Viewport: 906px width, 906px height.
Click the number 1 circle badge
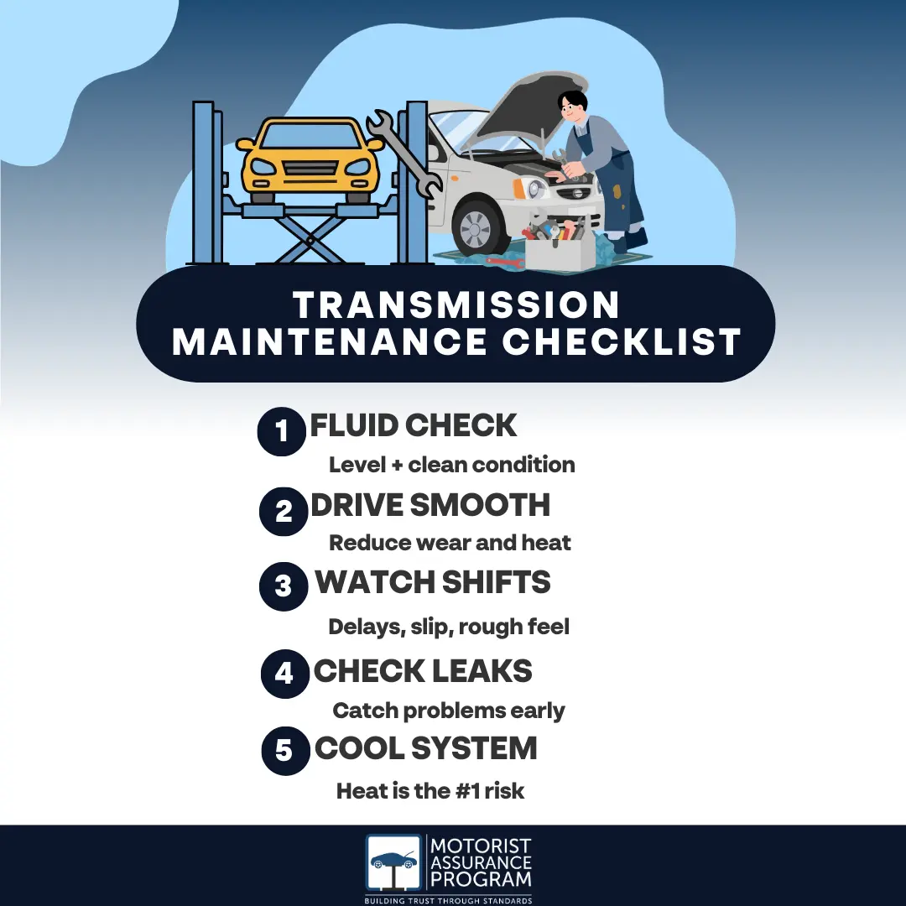[x=281, y=432]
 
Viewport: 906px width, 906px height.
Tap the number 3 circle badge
[x=284, y=586]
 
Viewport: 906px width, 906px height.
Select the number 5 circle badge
[x=285, y=751]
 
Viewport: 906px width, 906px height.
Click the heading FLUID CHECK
[x=413, y=425]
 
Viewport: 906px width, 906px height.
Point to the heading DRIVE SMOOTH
[x=430, y=505]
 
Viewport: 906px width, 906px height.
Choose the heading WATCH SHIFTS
[x=433, y=582]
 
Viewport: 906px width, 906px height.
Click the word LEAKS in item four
[x=482, y=671]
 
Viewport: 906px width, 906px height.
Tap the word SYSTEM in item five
[x=474, y=748]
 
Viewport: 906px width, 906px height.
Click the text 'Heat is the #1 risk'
[x=430, y=791]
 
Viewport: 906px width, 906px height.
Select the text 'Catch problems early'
[x=449, y=711]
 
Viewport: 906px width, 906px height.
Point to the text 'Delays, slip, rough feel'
[x=449, y=627]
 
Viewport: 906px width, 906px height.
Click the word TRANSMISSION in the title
[x=456, y=305]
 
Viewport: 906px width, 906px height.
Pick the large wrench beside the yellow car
[x=404, y=154]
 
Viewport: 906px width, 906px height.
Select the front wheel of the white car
[x=476, y=228]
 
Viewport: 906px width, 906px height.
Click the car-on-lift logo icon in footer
[x=393, y=862]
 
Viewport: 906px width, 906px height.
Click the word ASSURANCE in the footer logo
[x=481, y=862]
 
